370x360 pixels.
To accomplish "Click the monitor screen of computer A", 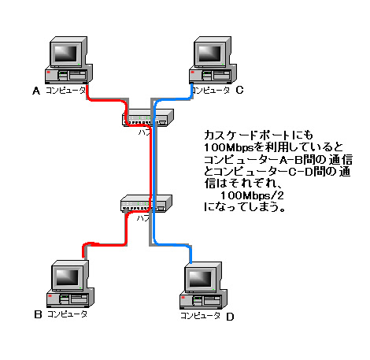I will coord(66,53).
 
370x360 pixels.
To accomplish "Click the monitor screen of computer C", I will coord(210,53).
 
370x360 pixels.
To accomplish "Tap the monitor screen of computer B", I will coord(65,276).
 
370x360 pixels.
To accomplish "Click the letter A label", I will coord(35,91).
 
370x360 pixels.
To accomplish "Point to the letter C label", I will coord(239,91).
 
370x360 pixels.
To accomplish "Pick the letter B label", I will coord(37,315).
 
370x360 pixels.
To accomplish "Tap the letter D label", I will coord(230,317).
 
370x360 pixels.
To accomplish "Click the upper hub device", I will coord(146,119).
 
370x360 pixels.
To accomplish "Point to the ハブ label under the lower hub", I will coord(142,217).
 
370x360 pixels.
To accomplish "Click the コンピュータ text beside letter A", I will coord(65,91).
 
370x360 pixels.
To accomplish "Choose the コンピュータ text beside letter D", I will coord(200,316).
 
